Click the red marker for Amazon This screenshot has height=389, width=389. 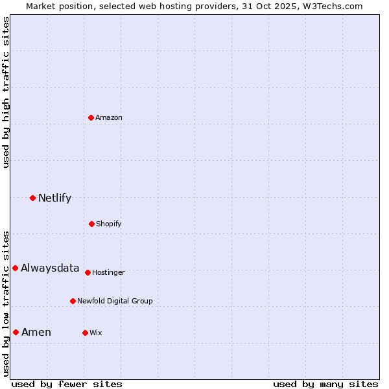pyautogui.click(x=91, y=117)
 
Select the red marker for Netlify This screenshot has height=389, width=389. pyautogui.click(x=32, y=198)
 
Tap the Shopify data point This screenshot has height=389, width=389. pyautogui.click(x=91, y=224)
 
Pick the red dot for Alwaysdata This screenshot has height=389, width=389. pyautogui.click(x=15, y=268)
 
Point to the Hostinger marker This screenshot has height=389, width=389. pyautogui.click(x=88, y=272)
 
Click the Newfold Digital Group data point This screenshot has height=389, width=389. pyautogui.click(x=73, y=301)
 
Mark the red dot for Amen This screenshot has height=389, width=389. pyautogui.click(x=16, y=332)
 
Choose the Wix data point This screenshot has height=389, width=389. pyautogui.click(x=85, y=333)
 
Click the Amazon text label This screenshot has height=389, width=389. pyautogui.click(x=109, y=117)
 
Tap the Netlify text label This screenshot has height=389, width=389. pyautogui.click(x=54, y=198)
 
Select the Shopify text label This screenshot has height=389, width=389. pyautogui.click(x=109, y=224)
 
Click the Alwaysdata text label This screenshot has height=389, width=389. pyautogui.click(x=50, y=268)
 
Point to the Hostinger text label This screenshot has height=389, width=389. pyautogui.click(x=108, y=272)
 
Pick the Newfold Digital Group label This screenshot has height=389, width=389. pyautogui.click(x=115, y=301)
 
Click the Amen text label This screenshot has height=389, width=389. pyautogui.click(x=36, y=332)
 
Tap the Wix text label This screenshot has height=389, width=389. pyautogui.click(x=96, y=333)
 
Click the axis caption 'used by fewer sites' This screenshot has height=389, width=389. pyautogui.click(x=67, y=384)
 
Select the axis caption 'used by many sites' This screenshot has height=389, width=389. pyautogui.click(x=325, y=384)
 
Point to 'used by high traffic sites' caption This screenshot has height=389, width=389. pyautogui.click(x=6, y=92)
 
